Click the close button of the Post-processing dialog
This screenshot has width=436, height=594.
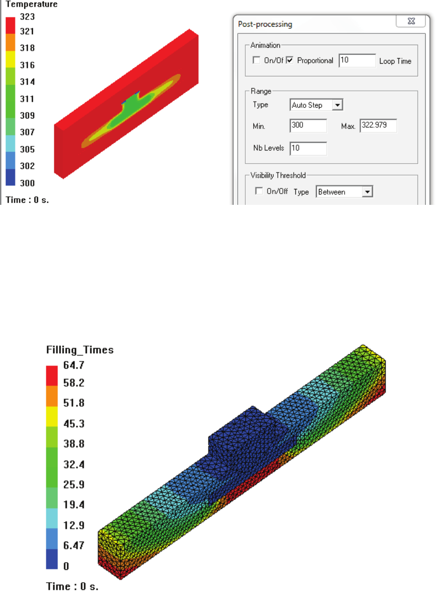pyautogui.click(x=411, y=21)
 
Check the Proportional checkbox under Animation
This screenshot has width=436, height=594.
pyautogui.click(x=290, y=60)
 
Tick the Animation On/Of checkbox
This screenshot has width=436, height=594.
pyautogui.click(x=256, y=60)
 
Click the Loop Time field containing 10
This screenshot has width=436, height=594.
pyautogui.click(x=357, y=61)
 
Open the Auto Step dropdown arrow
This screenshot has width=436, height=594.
pyautogui.click(x=337, y=105)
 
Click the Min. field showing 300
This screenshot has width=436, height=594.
pyautogui.click(x=308, y=125)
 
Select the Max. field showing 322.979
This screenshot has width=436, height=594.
pyautogui.click(x=378, y=125)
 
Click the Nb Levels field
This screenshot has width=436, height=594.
pyautogui.click(x=308, y=148)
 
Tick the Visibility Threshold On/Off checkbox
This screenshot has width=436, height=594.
pyautogui.click(x=259, y=191)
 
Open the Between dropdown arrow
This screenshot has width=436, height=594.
pyautogui.click(x=367, y=191)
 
